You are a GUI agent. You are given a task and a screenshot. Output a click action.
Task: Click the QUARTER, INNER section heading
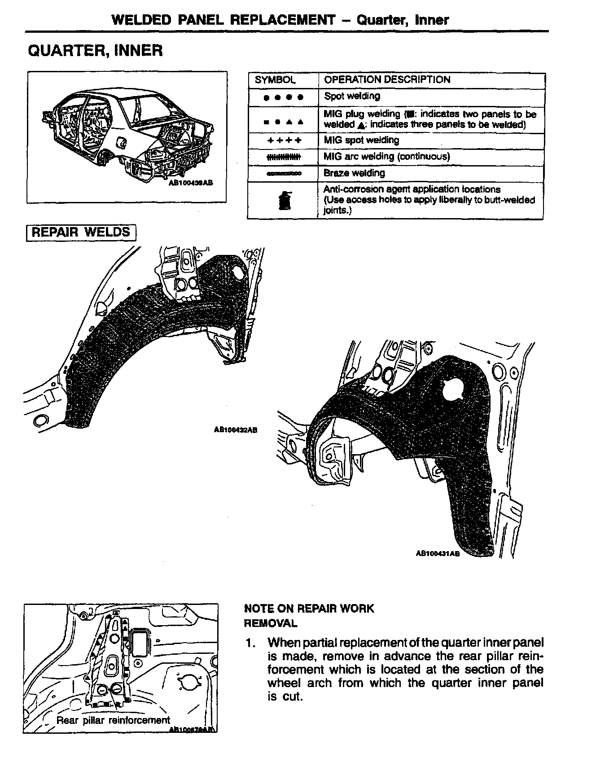(x=95, y=50)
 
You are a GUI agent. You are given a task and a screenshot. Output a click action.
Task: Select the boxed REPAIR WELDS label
(x=81, y=232)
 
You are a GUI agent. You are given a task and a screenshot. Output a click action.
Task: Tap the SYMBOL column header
(x=275, y=80)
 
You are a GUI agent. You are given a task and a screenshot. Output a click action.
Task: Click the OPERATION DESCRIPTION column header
(x=387, y=80)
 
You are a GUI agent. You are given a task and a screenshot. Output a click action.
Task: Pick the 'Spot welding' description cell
(x=352, y=96)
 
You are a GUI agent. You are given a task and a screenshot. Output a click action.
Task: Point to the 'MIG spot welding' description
(x=361, y=140)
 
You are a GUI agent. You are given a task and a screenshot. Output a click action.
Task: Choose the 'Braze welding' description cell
(x=355, y=173)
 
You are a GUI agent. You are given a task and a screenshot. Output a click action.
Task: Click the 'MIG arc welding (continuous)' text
(x=386, y=157)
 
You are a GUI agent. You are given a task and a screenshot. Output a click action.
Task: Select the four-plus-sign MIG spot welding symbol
(x=284, y=140)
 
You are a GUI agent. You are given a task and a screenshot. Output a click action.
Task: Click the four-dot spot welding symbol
(x=284, y=96)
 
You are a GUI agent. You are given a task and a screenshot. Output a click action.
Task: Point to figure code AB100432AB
(x=236, y=430)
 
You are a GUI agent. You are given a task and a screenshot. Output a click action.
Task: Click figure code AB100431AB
(x=438, y=554)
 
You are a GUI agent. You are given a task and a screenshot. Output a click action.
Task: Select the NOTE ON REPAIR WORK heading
(x=309, y=609)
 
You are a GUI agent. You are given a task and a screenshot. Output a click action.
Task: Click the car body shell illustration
(x=128, y=135)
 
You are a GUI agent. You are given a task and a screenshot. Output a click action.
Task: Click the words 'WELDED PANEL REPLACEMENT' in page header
(x=223, y=20)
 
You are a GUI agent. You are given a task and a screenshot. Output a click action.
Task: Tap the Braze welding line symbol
(x=284, y=173)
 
